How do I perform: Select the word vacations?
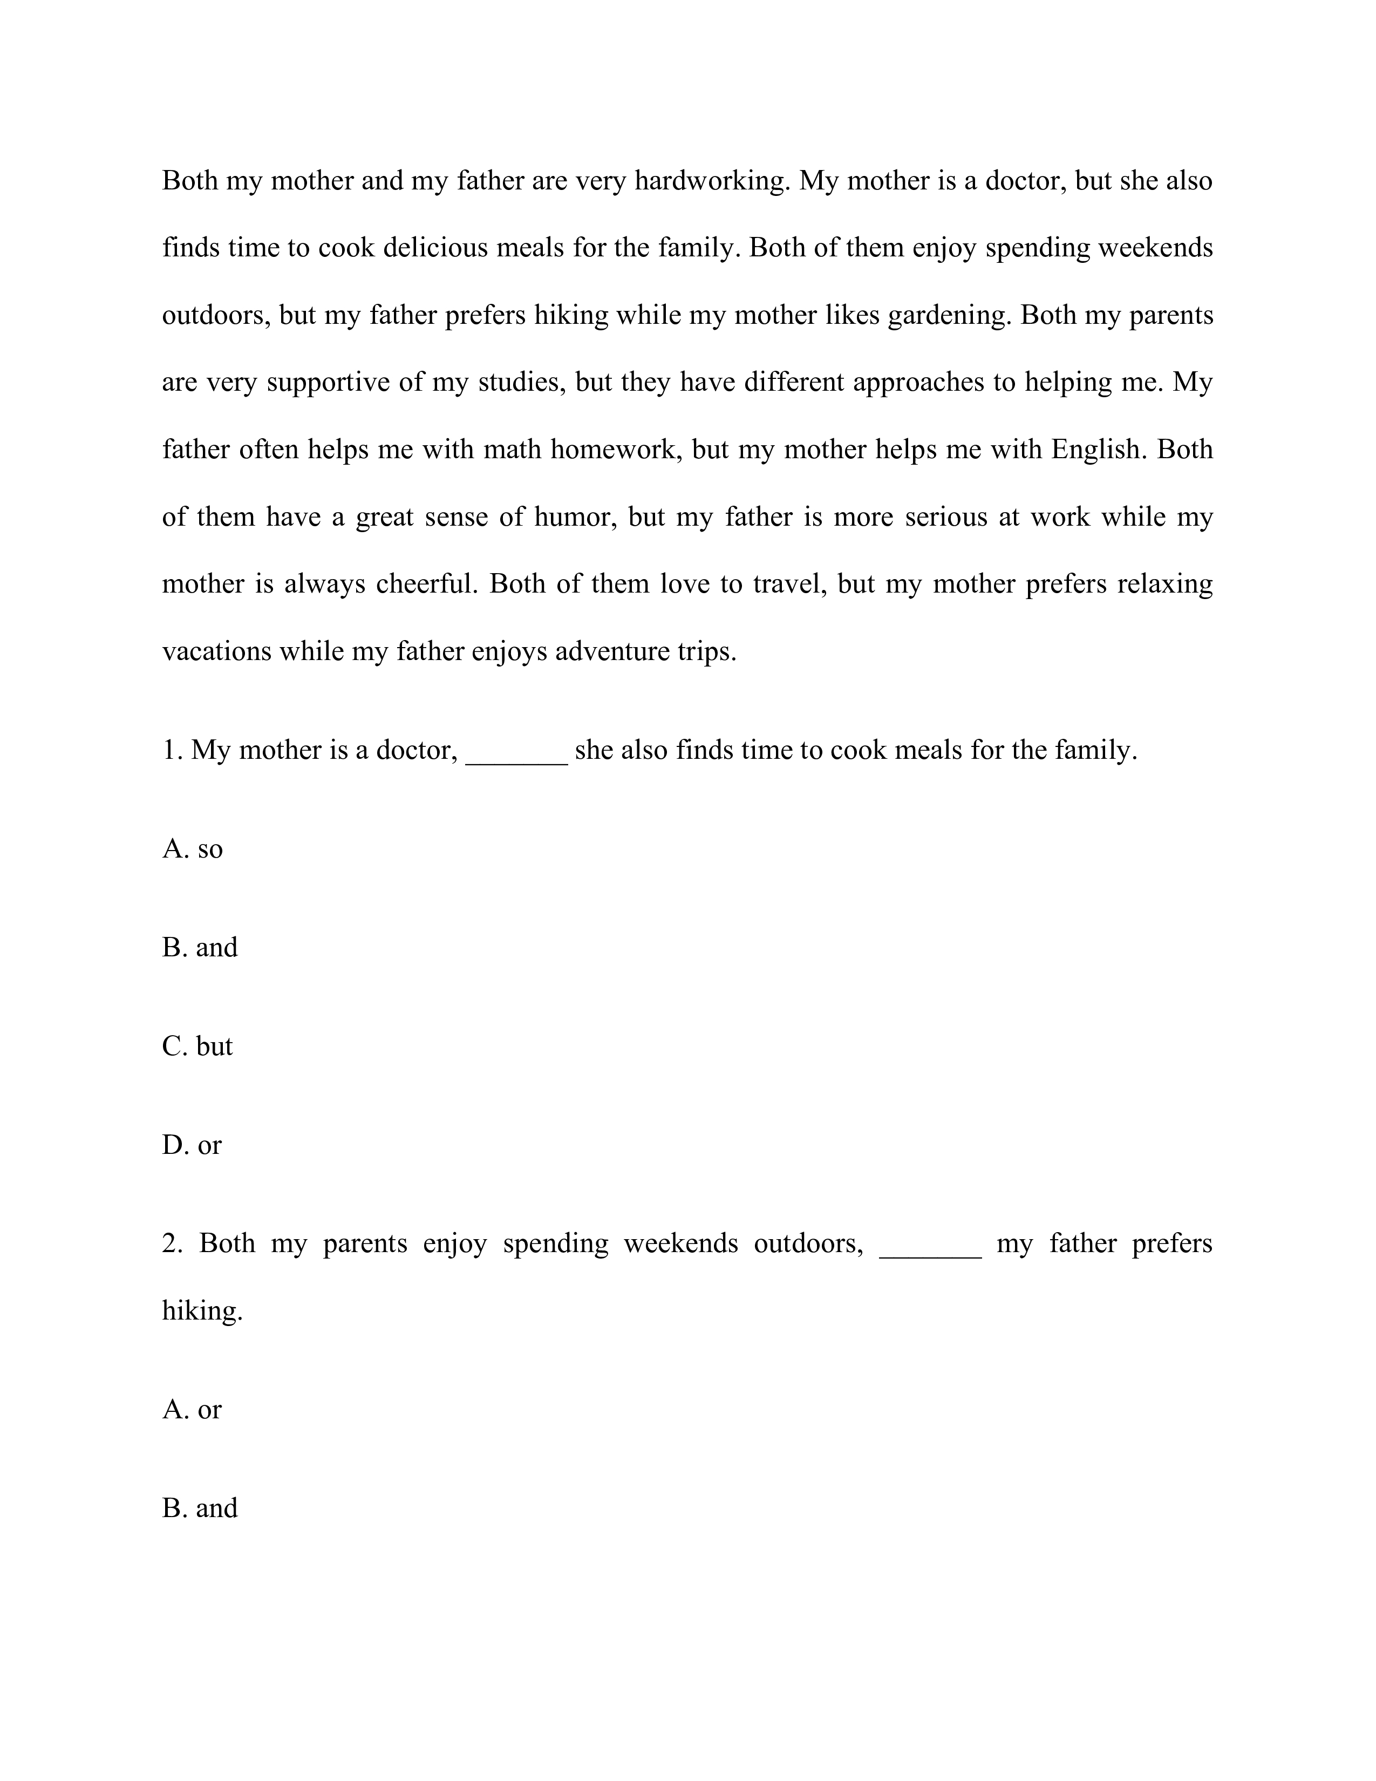coord(216,651)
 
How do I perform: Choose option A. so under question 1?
coord(193,849)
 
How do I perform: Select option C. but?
coord(197,1046)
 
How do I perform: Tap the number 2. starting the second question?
coord(172,1243)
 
